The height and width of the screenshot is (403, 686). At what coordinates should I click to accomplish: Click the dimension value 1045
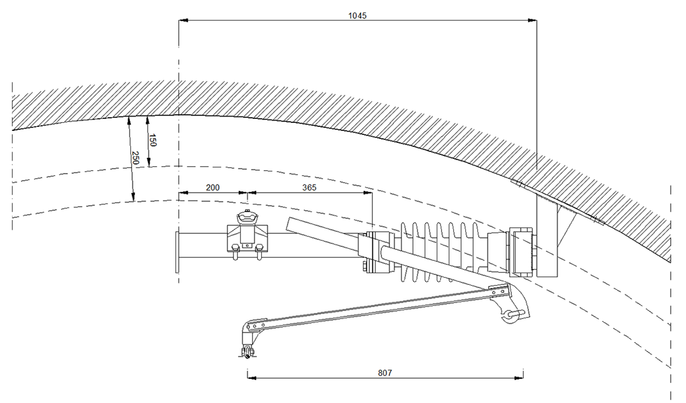357,15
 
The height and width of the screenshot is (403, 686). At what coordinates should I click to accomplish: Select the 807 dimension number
385,373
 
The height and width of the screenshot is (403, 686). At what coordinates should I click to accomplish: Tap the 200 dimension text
213,187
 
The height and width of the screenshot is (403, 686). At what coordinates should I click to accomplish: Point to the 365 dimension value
309,187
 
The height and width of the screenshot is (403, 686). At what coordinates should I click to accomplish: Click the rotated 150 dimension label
153,140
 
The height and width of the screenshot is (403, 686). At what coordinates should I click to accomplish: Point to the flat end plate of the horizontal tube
177,252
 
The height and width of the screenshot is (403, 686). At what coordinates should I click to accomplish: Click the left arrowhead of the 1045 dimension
183,21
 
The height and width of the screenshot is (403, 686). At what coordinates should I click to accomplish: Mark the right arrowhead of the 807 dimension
519,378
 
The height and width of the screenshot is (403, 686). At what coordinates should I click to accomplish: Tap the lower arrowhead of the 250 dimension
133,197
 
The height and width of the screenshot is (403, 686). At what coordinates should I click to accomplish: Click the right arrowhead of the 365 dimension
368,193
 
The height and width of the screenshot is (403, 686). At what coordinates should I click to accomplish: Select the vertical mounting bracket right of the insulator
547,236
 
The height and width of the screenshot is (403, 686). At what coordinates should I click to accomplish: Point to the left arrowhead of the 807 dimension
251,378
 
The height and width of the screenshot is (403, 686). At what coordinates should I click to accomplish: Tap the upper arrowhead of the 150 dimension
147,120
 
